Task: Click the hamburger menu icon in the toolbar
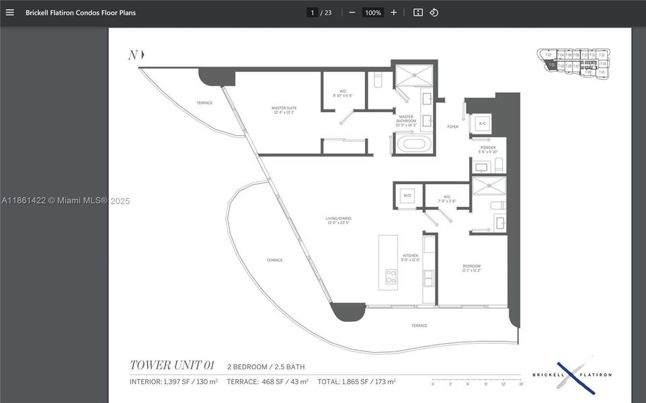click(x=9, y=12)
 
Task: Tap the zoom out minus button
click(x=352, y=12)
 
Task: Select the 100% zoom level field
click(x=372, y=12)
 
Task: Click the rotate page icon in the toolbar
click(x=434, y=12)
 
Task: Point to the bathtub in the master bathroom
click(x=411, y=143)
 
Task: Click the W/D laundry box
click(x=407, y=195)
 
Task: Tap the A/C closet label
click(x=483, y=124)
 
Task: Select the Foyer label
click(x=452, y=126)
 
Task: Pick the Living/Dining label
click(x=339, y=220)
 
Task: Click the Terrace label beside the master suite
click(x=204, y=103)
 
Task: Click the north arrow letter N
click(x=133, y=55)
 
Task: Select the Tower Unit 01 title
click(x=171, y=365)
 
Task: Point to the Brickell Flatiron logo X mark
click(x=575, y=374)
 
